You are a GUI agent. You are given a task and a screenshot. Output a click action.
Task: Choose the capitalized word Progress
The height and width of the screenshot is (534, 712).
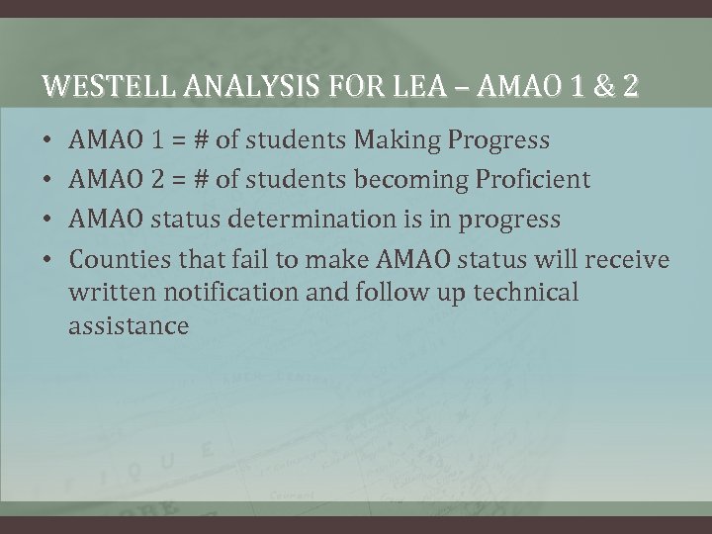(x=499, y=140)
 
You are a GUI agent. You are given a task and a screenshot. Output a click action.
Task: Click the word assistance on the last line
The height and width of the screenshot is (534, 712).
(x=128, y=326)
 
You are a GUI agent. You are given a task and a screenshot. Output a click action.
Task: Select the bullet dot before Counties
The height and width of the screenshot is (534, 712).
(x=48, y=259)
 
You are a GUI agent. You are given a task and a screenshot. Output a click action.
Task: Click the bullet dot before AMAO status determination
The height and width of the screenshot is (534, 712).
(x=48, y=219)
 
